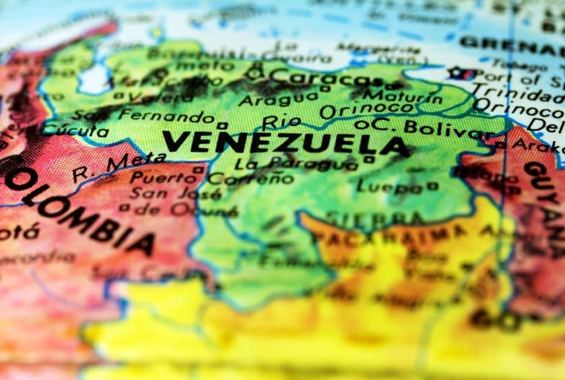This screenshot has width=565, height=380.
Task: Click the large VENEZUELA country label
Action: coord(285,142)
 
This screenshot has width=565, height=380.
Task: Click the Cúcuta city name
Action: coord(74,131)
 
